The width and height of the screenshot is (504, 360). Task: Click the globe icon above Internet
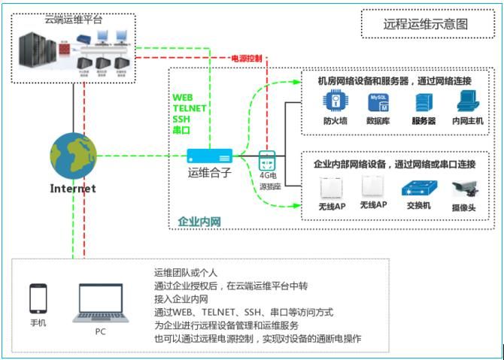(73, 155)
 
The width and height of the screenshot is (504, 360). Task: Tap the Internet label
(73, 189)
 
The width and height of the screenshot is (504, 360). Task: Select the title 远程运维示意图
(425, 23)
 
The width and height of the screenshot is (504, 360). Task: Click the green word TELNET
(190, 108)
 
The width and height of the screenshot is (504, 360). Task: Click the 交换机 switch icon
(417, 187)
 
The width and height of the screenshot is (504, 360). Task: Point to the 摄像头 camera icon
(462, 188)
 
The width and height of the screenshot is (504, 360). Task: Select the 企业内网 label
(199, 221)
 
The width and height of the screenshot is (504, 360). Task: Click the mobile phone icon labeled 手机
(38, 298)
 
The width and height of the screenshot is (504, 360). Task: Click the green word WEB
(183, 97)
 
